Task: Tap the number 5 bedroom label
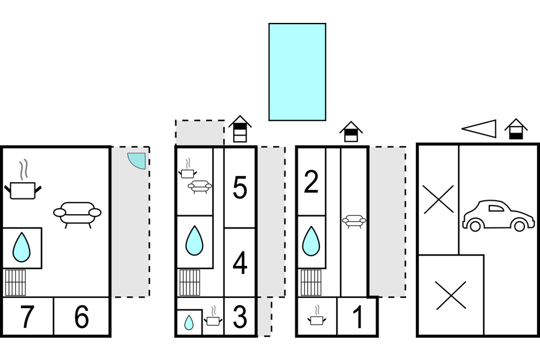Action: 240,188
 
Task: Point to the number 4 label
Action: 240,262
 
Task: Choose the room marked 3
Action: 240,317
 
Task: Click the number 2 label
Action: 312,182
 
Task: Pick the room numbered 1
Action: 358,317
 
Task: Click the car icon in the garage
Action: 498,215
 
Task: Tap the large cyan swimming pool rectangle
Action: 297,72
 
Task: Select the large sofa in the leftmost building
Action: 77,215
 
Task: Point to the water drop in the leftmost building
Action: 21,247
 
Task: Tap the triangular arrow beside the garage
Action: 479,129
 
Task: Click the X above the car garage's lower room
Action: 438,200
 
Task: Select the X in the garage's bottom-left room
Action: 450,295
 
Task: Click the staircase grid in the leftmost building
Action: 15,282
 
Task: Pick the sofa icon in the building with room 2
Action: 354,221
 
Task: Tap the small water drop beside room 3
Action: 189,323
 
